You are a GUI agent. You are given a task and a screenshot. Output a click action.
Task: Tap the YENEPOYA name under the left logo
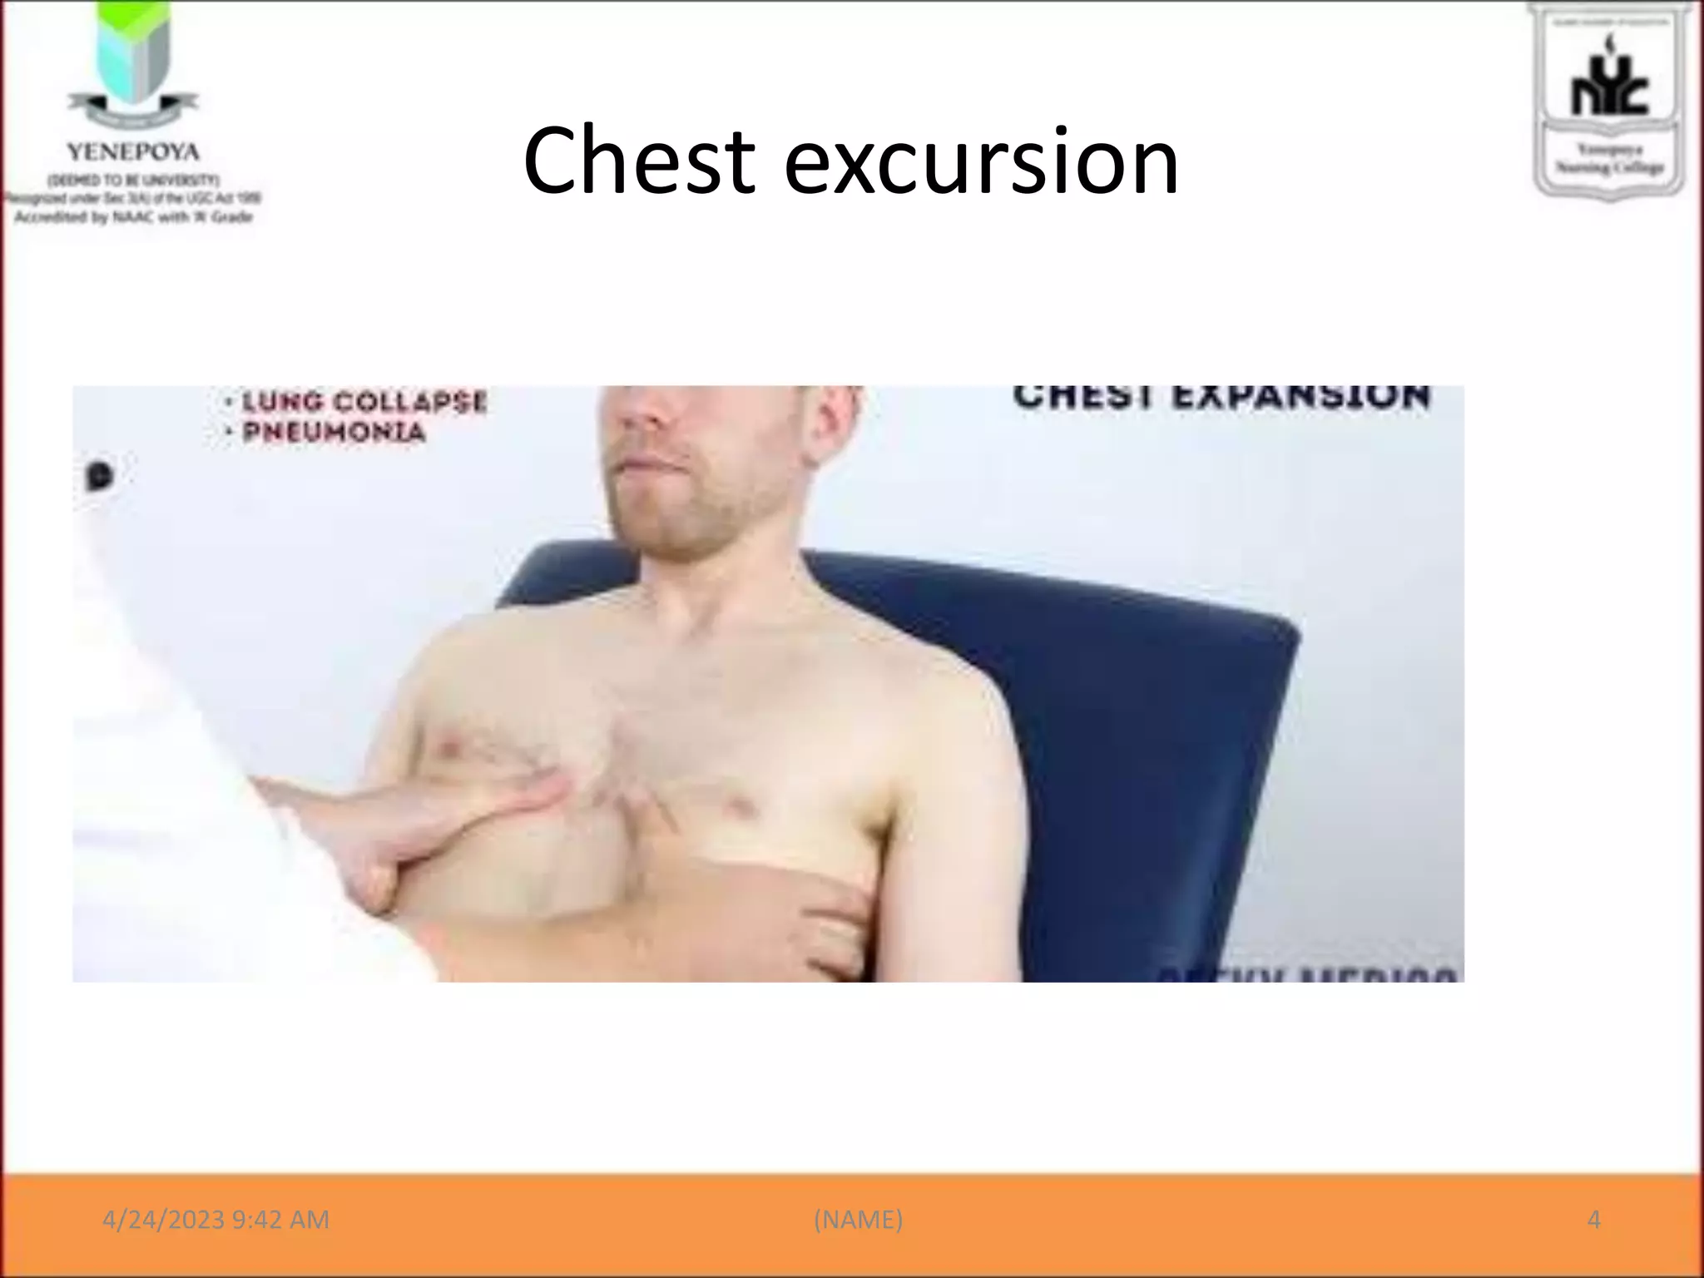click(133, 152)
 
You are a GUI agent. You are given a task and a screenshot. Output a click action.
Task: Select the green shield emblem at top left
click(132, 54)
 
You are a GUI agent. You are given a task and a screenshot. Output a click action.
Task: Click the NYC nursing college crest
click(1608, 98)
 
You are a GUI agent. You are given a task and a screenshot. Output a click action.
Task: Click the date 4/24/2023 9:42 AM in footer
click(215, 1220)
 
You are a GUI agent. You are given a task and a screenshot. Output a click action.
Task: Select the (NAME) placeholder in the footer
click(858, 1220)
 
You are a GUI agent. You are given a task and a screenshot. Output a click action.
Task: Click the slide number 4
click(1593, 1220)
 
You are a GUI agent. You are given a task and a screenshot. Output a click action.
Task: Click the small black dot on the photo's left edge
click(100, 476)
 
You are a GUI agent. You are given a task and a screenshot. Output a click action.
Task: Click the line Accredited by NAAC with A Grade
click(133, 217)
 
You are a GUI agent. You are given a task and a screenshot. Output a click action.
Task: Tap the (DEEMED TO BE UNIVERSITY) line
click(133, 180)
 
